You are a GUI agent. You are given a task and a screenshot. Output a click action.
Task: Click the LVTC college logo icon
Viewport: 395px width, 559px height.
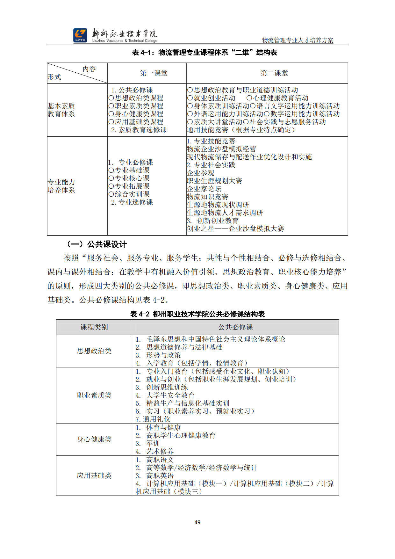click(x=80, y=35)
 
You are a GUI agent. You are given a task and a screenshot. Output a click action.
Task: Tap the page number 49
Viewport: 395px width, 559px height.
click(x=197, y=522)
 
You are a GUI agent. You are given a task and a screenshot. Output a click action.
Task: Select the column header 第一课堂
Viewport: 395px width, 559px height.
click(x=154, y=73)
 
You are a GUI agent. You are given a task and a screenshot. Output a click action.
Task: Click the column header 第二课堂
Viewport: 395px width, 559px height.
click(x=274, y=73)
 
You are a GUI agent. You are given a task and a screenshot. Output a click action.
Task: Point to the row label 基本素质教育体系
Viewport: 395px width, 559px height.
click(x=61, y=110)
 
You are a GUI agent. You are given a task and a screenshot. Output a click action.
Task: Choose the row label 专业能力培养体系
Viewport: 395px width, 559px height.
click(x=61, y=186)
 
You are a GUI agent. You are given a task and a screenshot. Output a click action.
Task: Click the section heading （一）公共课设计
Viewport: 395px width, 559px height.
click(x=97, y=244)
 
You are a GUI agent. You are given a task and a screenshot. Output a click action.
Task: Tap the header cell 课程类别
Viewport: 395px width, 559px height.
click(x=94, y=327)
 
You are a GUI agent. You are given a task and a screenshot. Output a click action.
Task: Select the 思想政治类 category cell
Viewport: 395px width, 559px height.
click(x=94, y=351)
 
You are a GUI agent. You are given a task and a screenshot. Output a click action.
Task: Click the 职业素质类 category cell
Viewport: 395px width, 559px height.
click(x=94, y=395)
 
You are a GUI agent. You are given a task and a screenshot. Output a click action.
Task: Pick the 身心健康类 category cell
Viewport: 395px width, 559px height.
click(x=94, y=439)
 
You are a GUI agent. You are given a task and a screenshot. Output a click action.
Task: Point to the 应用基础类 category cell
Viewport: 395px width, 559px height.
click(x=94, y=476)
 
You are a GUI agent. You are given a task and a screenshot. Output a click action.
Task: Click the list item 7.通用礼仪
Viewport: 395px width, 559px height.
click(x=153, y=419)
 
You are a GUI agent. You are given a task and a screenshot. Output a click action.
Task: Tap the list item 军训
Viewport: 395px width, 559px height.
click(x=153, y=443)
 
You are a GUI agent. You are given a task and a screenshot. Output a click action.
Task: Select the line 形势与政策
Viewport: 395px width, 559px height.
click(x=163, y=355)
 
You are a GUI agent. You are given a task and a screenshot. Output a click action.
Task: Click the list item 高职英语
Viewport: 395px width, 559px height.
click(x=160, y=476)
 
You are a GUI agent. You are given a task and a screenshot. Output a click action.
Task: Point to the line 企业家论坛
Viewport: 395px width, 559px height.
click(x=204, y=189)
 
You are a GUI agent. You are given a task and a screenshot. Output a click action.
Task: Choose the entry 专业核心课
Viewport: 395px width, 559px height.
click(x=132, y=178)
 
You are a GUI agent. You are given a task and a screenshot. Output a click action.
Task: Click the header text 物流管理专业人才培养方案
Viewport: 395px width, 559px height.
click(x=298, y=40)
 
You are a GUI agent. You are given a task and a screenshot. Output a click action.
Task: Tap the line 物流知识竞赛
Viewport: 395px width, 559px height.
click(x=207, y=197)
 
